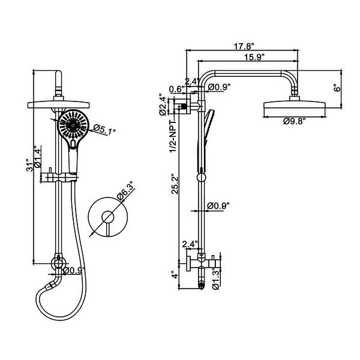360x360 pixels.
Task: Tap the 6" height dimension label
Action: (338, 86)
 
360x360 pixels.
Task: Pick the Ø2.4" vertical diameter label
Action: (162, 104)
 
